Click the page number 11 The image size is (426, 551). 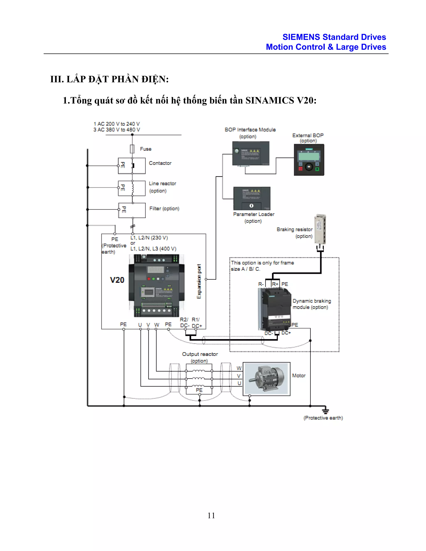211,515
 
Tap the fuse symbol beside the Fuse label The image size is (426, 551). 132,149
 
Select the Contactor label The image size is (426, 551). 160,163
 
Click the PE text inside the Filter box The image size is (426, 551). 124,210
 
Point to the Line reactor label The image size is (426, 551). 162,184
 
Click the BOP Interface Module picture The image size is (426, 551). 251,153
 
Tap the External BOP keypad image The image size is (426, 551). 309,160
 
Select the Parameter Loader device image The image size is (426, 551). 252,198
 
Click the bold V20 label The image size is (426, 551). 117,280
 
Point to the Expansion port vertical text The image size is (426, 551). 199,281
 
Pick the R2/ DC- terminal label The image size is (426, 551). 185,323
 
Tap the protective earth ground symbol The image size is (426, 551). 326,410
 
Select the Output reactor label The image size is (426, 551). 200,354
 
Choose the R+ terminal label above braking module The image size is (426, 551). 275,284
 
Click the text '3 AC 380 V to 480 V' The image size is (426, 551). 117,130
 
